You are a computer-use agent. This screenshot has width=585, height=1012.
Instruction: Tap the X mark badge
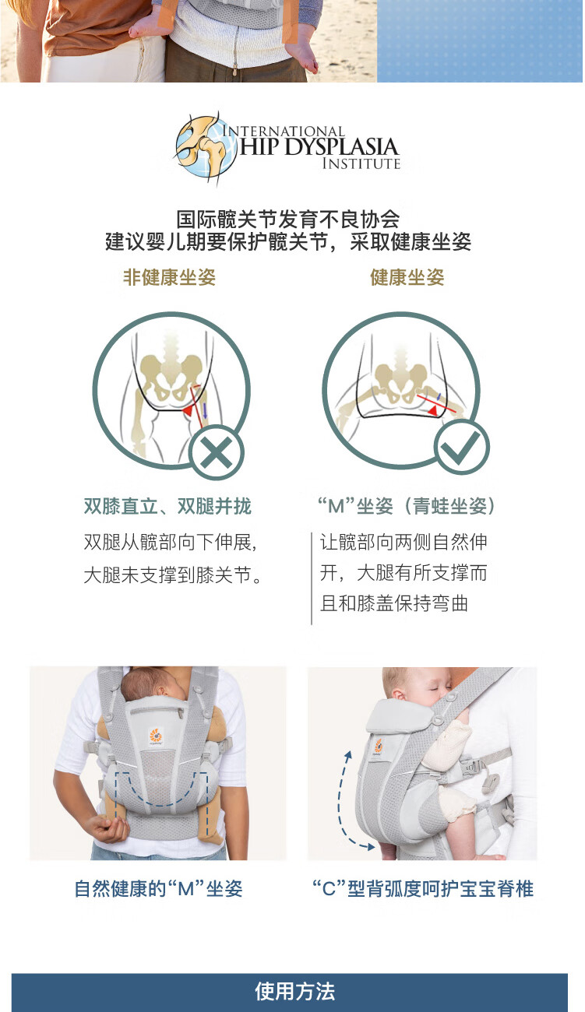tap(217, 452)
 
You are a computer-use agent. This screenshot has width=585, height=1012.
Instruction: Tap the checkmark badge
tap(461, 447)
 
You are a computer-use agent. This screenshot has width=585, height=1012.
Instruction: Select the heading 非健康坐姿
tap(169, 277)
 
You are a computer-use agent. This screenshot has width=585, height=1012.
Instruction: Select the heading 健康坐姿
tap(407, 277)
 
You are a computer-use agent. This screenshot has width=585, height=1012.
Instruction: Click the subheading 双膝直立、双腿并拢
tap(167, 507)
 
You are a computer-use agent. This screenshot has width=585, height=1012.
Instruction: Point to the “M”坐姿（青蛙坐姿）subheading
tap(407, 507)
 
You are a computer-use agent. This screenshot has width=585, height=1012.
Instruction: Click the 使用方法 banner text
tap(294, 992)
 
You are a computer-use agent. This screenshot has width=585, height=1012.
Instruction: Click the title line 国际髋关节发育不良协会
tap(288, 219)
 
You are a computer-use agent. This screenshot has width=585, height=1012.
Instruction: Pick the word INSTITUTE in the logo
tap(361, 164)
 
